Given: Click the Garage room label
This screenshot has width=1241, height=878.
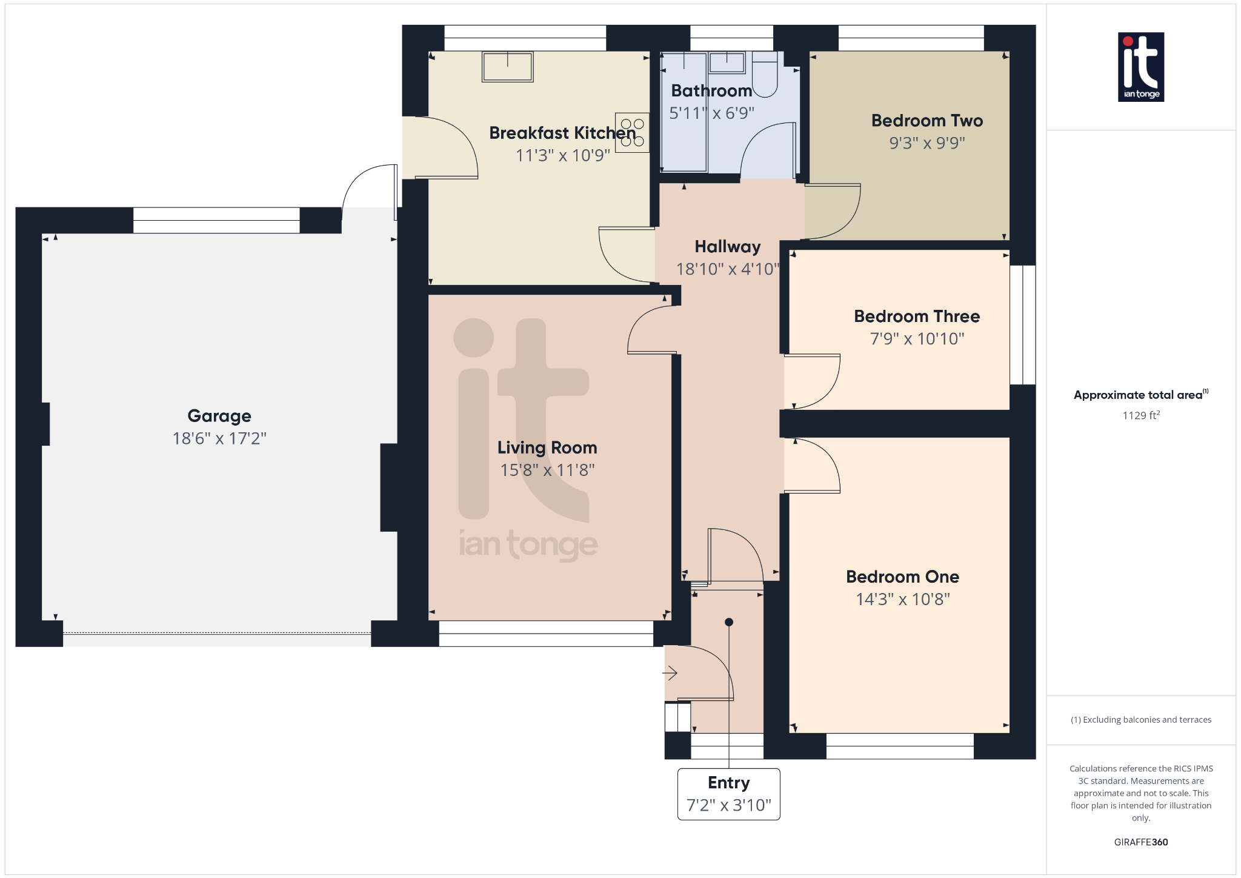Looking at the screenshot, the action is tap(219, 416).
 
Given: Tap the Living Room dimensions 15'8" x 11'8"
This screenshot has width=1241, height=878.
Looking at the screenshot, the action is tap(547, 470).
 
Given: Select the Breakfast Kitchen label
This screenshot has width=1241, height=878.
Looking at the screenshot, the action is tap(563, 133).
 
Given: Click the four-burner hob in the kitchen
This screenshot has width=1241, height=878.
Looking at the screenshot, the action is tap(632, 133).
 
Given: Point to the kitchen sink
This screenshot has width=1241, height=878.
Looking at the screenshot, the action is tap(508, 67).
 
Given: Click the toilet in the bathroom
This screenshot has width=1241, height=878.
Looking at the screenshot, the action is tap(765, 74).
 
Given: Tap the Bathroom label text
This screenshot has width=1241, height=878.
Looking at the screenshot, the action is tap(711, 91).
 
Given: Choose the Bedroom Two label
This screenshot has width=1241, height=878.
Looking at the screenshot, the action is tap(927, 121).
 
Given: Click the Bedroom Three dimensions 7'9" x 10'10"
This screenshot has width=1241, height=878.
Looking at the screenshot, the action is tap(917, 338).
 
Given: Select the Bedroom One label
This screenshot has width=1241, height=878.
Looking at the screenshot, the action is tap(903, 577).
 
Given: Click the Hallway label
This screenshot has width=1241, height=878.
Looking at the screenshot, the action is tap(728, 247).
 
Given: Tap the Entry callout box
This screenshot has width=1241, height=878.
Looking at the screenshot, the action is tap(729, 794).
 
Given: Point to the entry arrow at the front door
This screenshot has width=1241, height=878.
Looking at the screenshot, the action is tap(670, 673).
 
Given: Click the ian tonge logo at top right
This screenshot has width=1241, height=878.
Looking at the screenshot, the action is tap(1141, 67).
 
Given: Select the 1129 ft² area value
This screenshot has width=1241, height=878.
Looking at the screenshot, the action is tap(1141, 415).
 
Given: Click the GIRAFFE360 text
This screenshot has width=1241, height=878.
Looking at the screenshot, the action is tap(1141, 842).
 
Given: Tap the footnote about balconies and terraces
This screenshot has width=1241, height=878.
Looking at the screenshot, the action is tap(1141, 720).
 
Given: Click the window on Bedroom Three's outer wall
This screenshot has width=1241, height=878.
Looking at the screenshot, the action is tap(1023, 325).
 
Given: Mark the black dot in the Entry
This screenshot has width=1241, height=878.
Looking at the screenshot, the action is tap(729, 622).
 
